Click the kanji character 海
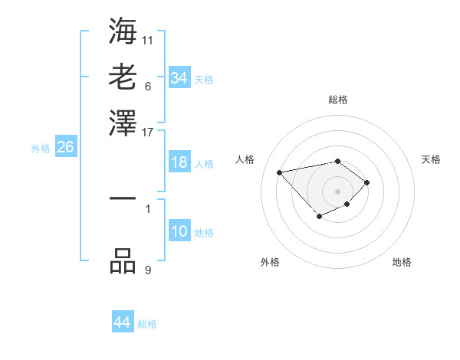pyautogui.click(x=123, y=30)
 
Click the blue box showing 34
pyautogui.click(x=179, y=77)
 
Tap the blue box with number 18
pyautogui.click(x=179, y=162)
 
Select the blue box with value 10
pyautogui.click(x=179, y=231)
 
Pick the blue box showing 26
pyautogui.click(x=65, y=148)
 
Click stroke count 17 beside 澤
pyautogui.click(x=148, y=132)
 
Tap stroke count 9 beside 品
pyautogui.click(x=148, y=270)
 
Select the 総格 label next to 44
pyautogui.click(x=147, y=324)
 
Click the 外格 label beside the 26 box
pyautogui.click(x=41, y=149)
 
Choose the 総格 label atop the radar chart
pyautogui.click(x=337, y=100)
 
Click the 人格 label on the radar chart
pyautogui.click(x=245, y=159)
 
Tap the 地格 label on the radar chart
pyautogui.click(x=402, y=262)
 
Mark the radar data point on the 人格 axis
pyautogui.click(x=280, y=172)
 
